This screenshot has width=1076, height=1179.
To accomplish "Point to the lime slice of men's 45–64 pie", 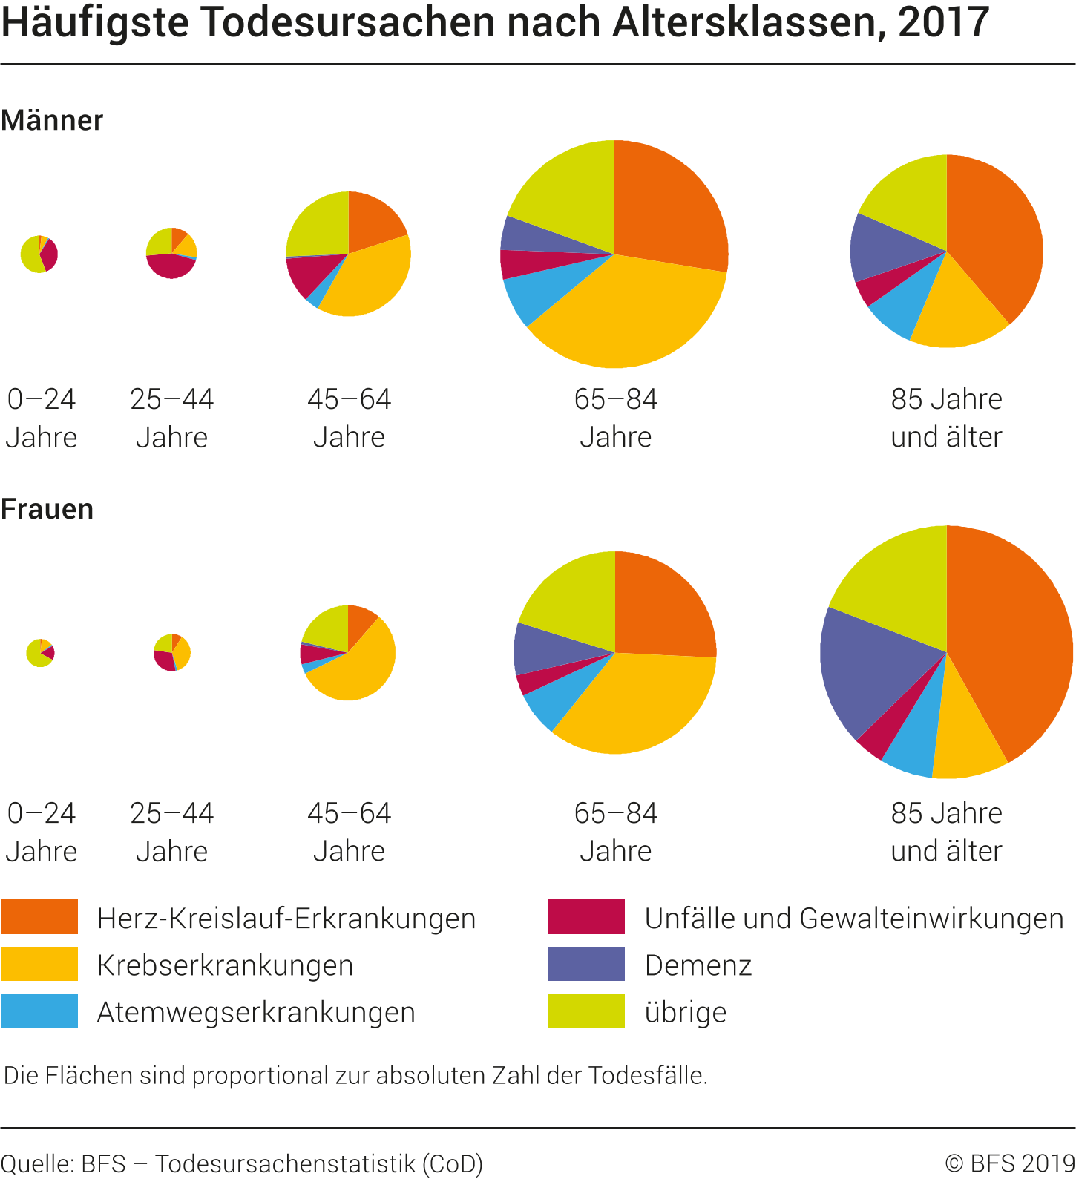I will [315, 223].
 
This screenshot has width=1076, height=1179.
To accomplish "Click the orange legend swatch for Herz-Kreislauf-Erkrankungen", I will [39, 916].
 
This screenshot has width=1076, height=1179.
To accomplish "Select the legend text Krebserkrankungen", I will [225, 965].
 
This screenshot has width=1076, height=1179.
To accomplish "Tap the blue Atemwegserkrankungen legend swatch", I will [39, 1011].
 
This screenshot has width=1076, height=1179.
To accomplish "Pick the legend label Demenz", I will [698, 965].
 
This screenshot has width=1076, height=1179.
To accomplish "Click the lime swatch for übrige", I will [586, 1011].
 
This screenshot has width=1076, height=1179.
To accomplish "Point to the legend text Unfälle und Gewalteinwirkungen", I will [854, 919].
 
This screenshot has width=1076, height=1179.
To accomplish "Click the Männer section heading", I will [52, 120].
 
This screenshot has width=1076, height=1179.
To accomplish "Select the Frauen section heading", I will [47, 510].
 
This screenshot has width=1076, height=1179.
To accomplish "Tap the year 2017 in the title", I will [943, 22].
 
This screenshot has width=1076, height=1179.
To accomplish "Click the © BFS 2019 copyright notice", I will [1009, 1163].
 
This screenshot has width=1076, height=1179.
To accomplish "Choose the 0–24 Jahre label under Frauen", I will [42, 832].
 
